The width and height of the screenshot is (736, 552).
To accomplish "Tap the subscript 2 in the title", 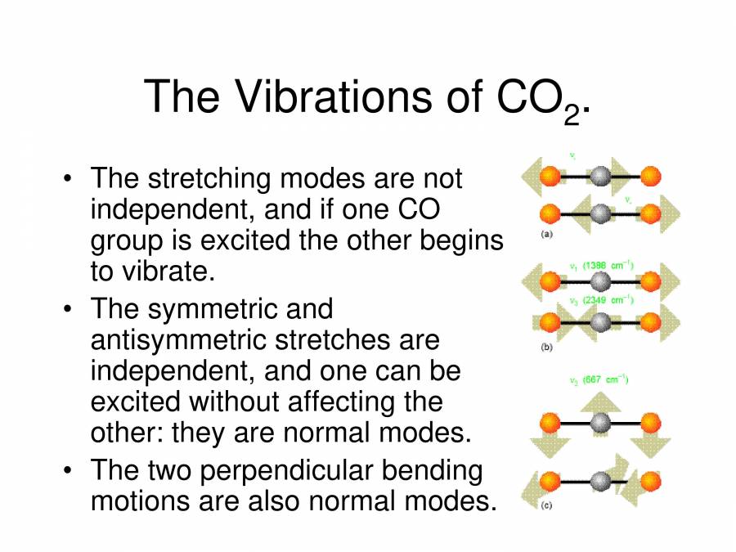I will click(x=571, y=115).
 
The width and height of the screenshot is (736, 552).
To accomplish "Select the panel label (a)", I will click(x=547, y=235).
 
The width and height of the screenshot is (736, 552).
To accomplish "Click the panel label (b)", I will click(x=547, y=347).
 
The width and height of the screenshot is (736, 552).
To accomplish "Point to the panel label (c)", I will click(x=546, y=505).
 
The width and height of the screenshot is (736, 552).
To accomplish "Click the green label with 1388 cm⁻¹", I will click(x=602, y=266).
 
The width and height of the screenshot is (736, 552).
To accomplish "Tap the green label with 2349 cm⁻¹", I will click(x=602, y=300).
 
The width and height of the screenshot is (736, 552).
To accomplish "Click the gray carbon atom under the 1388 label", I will click(x=601, y=282).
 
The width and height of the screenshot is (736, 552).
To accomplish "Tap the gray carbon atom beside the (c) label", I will click(x=601, y=481).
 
